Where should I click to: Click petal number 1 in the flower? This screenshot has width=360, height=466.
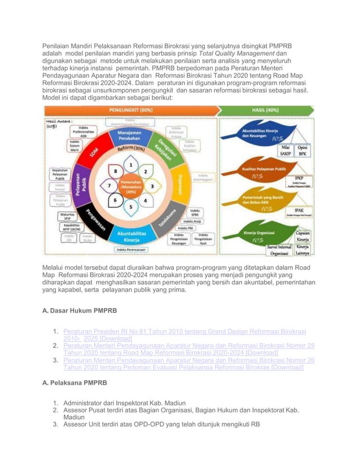(x=131, y=165)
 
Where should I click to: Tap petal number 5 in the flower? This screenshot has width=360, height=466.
(x=131, y=206)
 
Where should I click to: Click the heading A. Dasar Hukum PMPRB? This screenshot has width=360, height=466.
(x=80, y=310)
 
